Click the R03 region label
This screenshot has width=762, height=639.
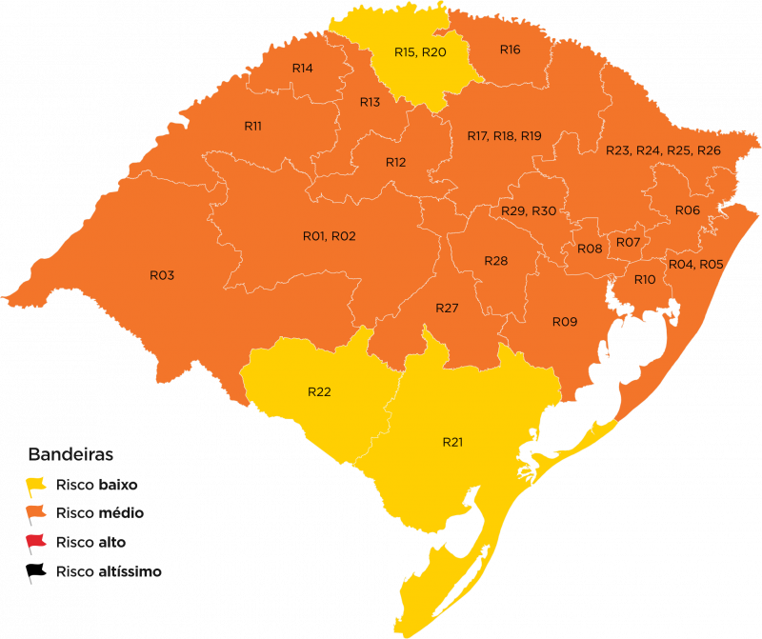(162, 275)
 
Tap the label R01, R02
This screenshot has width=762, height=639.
(329, 236)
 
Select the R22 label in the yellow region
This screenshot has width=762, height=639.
(319, 392)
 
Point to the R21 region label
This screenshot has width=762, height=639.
(452, 442)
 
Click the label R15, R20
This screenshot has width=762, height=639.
(420, 51)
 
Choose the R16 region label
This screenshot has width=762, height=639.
(510, 50)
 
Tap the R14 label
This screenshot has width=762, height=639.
(303, 69)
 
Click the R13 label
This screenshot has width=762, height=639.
(370, 102)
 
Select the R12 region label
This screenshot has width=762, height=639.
(395, 163)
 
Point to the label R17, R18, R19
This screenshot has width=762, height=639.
(504, 136)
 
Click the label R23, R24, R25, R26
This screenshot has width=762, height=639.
(663, 150)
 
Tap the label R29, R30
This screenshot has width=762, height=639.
(529, 210)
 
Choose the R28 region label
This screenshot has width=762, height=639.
(495, 261)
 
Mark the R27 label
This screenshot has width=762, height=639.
(447, 309)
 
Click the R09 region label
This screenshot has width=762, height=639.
(565, 322)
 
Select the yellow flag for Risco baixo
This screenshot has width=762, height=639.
(36, 485)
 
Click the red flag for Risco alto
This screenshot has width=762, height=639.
(36, 543)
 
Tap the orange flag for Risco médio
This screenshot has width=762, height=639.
(36, 514)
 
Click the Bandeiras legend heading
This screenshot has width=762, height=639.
(71, 452)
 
